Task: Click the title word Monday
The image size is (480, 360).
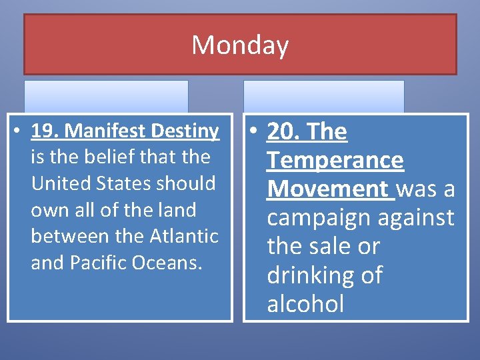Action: tap(240, 45)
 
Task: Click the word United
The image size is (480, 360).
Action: tap(59, 183)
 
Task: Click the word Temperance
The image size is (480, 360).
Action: tap(335, 160)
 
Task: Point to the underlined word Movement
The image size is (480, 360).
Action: tap(327, 189)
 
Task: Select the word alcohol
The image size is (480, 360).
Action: tap(305, 304)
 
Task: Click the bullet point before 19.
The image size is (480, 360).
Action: tap(21, 131)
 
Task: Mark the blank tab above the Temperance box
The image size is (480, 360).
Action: tap(323, 96)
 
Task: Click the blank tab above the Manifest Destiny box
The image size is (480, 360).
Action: tap(107, 96)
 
